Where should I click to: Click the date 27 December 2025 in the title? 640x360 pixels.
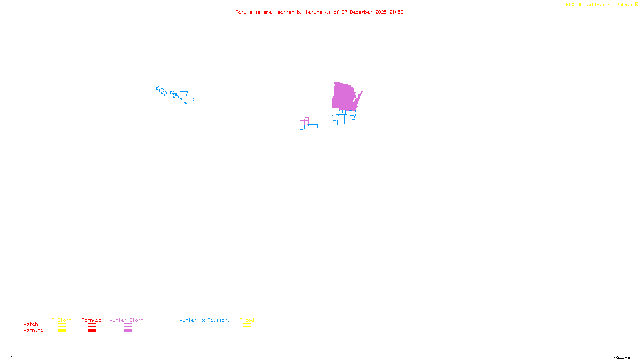pos(364,12)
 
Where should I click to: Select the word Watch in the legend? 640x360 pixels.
pos(31,324)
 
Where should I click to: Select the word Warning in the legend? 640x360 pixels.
pos(33,330)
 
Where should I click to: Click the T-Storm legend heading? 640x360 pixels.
pos(62,320)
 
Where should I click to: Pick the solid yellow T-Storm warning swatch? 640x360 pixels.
pos(62,331)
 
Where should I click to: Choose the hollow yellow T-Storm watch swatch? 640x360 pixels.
pos(62,325)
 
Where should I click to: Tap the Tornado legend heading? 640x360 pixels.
pos(92,320)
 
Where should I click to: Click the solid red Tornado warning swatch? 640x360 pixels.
pos(92,331)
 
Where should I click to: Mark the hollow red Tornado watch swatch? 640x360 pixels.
pos(92,325)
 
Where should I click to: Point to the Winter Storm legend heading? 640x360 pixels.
pos(126,320)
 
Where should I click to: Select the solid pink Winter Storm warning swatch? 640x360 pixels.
pos(128,331)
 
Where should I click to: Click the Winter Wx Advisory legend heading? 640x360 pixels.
pos(205,320)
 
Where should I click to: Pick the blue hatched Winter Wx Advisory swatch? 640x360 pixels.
pos(204,331)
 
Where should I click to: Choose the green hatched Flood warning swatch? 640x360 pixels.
pos(247,331)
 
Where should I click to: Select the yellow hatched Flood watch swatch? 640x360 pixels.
pos(247,325)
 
